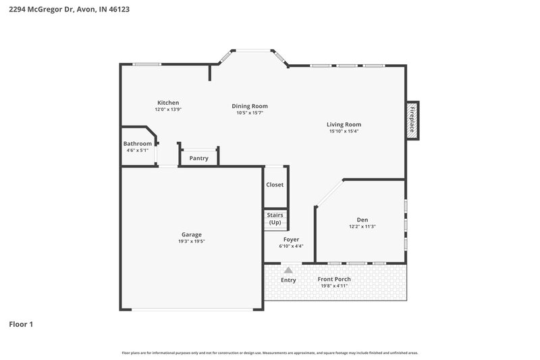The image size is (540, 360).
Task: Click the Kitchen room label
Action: point(168,103)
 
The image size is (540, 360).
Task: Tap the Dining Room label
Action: point(250,106)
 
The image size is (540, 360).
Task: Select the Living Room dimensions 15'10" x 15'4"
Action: point(344,132)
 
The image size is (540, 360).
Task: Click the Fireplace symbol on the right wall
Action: point(412,121)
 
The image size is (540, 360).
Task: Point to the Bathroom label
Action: point(138,144)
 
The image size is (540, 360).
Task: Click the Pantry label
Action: point(198,159)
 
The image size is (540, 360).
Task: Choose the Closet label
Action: point(275,184)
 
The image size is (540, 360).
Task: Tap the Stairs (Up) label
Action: point(275,218)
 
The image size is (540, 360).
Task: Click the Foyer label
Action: point(291,239)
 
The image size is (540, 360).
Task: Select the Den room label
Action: point(362,220)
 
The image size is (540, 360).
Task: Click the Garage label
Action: point(192,234)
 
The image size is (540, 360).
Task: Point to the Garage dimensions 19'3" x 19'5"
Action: point(192,241)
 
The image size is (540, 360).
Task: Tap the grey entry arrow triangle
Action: point(288,270)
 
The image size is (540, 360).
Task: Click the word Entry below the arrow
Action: point(288,280)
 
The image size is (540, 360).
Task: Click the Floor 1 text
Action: point(21,324)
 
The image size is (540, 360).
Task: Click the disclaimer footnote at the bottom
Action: point(270,353)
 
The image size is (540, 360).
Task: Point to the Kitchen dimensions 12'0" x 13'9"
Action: point(168,109)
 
